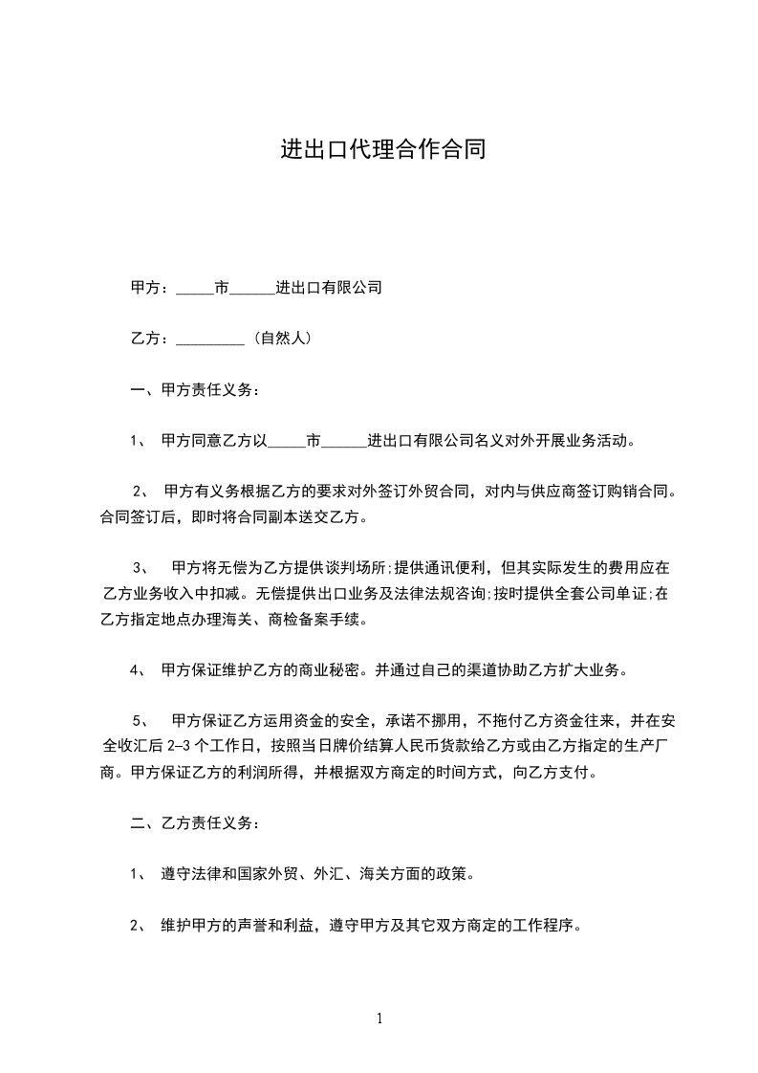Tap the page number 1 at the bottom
(379, 1019)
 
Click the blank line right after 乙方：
(210, 340)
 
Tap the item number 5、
(141, 719)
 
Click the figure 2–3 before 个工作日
(181, 744)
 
